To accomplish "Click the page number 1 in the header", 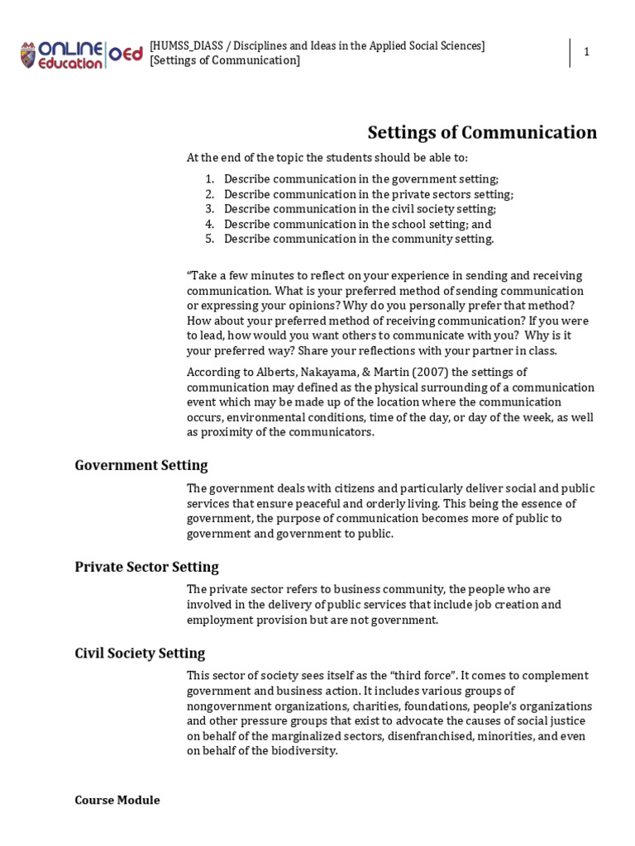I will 586,52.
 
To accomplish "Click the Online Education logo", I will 63,55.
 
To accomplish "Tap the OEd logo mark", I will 126,55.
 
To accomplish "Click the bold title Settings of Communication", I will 482,132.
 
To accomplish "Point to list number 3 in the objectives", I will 209,209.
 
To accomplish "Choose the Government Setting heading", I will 141,465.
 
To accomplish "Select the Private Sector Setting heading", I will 146,567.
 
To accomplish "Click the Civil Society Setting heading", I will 140,654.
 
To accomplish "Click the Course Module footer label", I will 117,800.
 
